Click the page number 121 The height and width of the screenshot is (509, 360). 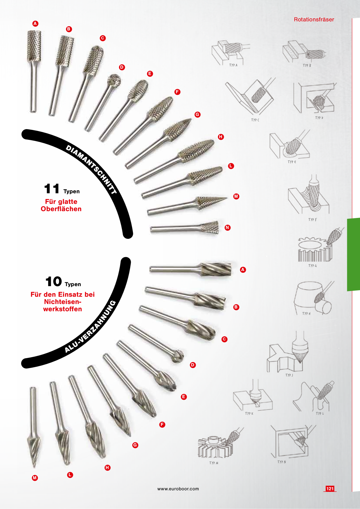pyautogui.click(x=330, y=489)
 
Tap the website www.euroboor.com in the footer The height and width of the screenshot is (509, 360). pyautogui.click(x=178, y=489)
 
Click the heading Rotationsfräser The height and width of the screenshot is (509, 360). pyautogui.click(x=314, y=19)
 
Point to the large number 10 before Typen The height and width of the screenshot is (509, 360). pyautogui.click(x=54, y=281)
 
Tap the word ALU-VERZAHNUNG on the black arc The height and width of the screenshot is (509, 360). pyautogui.click(x=90, y=327)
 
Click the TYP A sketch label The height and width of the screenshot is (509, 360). pyautogui.click(x=233, y=65)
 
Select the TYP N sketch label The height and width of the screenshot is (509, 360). pyautogui.click(x=282, y=462)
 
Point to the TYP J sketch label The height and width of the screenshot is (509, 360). pyautogui.click(x=289, y=375)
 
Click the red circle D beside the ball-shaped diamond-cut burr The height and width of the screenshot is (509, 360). pyautogui.click(x=122, y=67)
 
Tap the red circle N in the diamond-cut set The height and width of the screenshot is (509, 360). pyautogui.click(x=228, y=228)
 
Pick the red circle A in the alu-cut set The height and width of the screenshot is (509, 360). pyautogui.click(x=243, y=270)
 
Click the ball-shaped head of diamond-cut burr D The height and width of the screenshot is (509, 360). pyautogui.click(x=114, y=80)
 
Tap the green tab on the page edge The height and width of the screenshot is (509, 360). pyautogui.click(x=353, y=255)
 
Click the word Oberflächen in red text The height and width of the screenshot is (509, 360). pyautogui.click(x=61, y=209)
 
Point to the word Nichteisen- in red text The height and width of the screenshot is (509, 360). pyautogui.click(x=62, y=302)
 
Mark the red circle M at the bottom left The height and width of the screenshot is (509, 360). pyautogui.click(x=35, y=478)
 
